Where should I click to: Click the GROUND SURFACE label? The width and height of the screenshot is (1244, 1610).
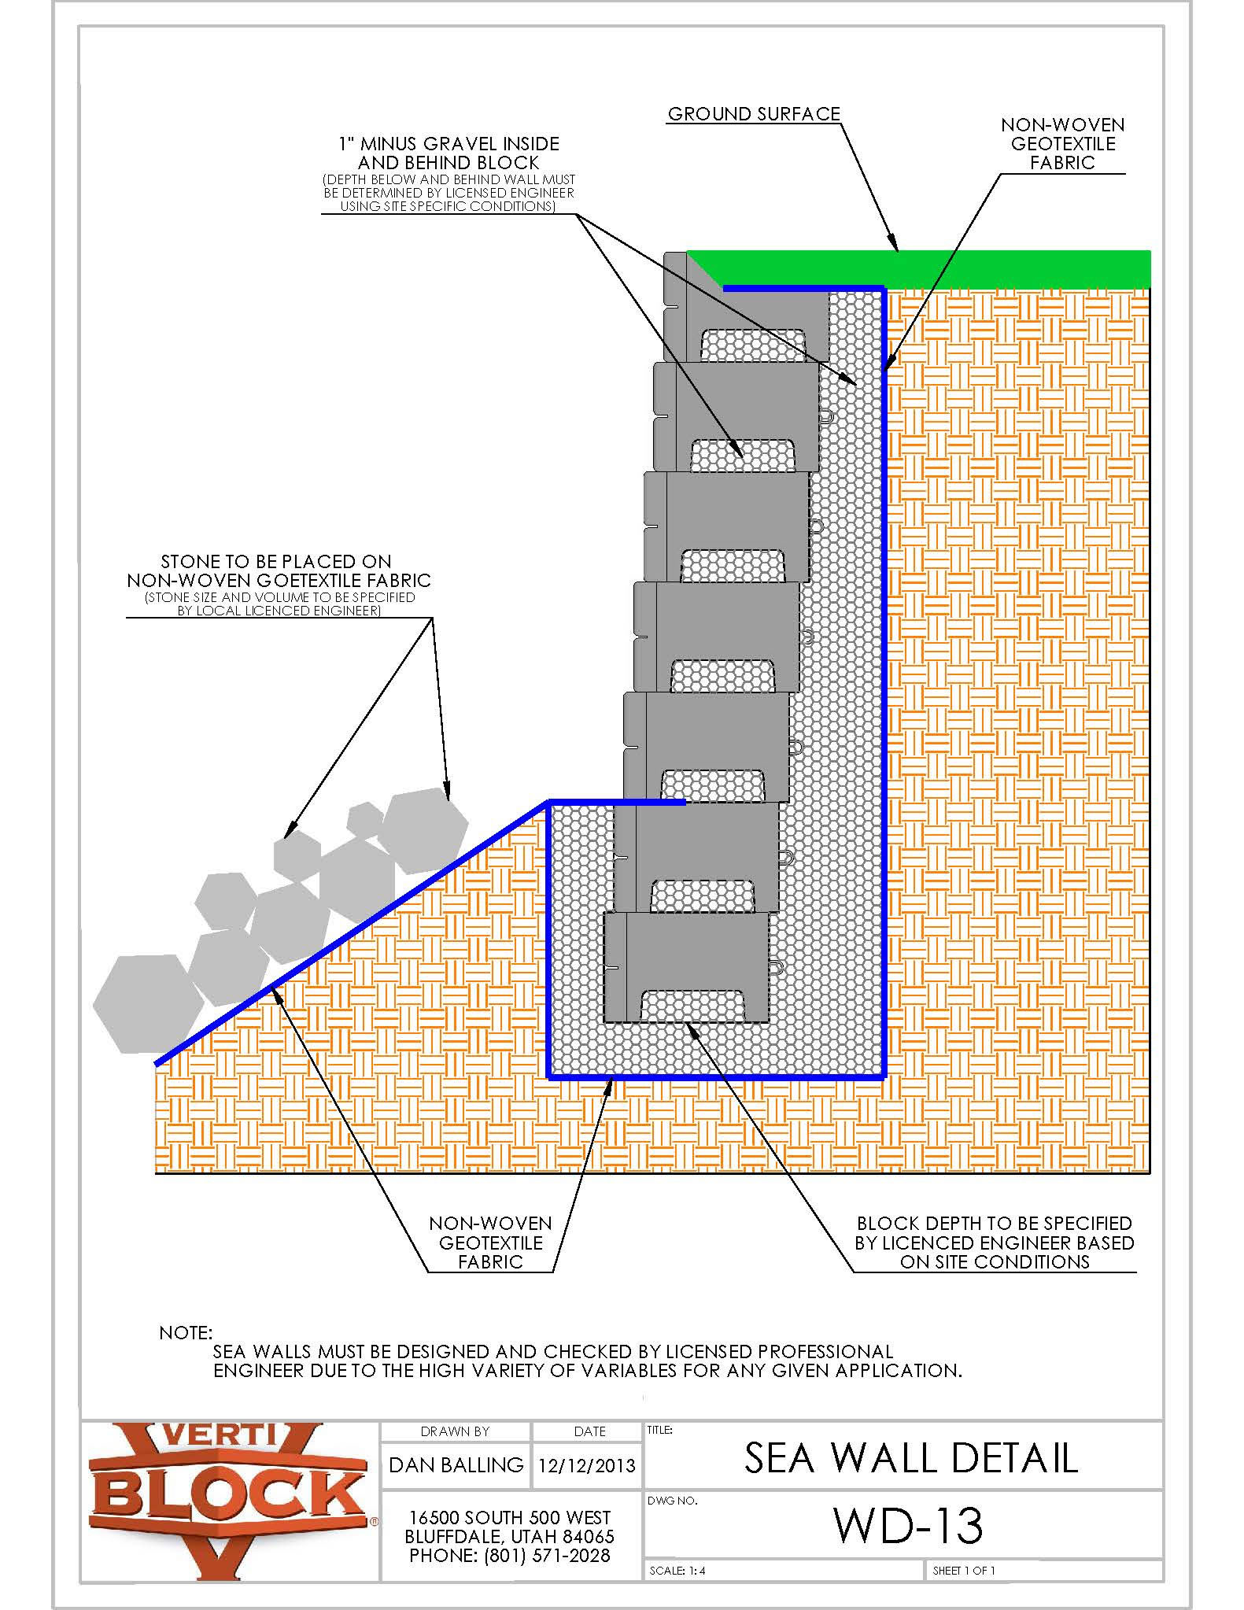click(x=754, y=114)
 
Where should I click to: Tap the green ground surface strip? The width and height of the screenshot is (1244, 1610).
click(x=944, y=268)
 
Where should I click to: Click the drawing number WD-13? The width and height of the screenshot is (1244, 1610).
click(x=908, y=1526)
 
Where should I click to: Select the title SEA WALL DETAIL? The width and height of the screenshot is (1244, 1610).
click(x=910, y=1457)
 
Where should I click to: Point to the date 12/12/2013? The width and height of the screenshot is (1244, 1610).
click(x=587, y=1465)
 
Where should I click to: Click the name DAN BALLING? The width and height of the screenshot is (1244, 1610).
click(x=456, y=1464)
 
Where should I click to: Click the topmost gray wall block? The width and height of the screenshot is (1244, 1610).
click(x=748, y=311)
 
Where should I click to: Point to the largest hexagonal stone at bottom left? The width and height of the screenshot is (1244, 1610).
click(x=147, y=1004)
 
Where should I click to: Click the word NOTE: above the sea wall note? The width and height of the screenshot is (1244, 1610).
click(x=186, y=1333)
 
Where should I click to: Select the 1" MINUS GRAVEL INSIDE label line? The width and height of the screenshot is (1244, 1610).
click(x=449, y=144)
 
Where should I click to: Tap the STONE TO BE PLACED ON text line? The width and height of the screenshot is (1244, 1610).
click(x=276, y=561)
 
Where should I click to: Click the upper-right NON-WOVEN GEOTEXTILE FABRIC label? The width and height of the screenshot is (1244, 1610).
click(x=1062, y=144)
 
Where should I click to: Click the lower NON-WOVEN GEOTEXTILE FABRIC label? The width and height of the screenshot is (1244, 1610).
click(x=490, y=1243)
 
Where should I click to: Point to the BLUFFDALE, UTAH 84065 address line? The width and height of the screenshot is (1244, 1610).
click(x=509, y=1536)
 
